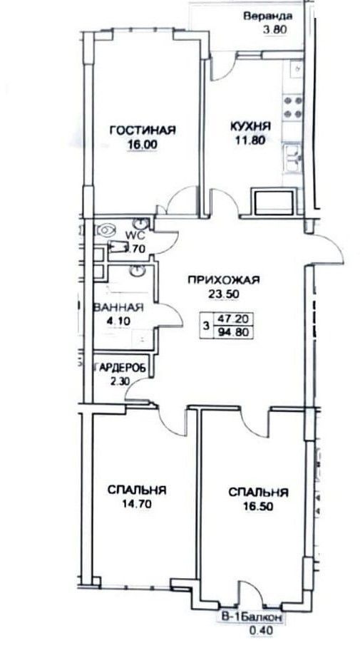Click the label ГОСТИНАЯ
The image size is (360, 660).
(142, 130)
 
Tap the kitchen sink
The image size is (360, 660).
(292, 158)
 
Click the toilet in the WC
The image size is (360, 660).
(107, 230)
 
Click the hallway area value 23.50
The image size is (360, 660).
(221, 294)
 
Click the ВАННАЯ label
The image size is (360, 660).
(118, 308)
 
